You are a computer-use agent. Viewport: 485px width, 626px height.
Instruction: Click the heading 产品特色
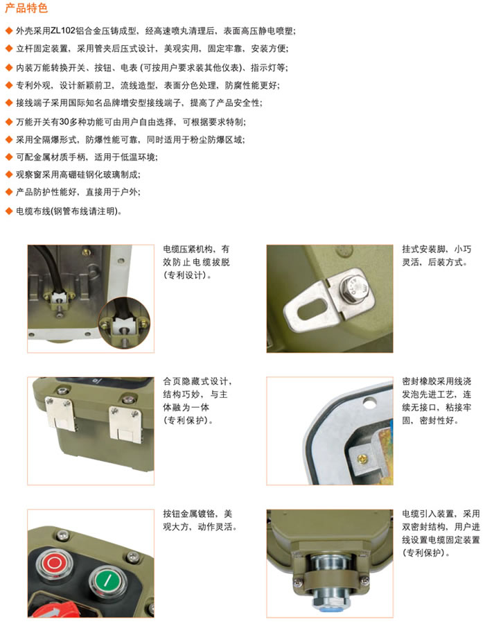[x=26, y=8]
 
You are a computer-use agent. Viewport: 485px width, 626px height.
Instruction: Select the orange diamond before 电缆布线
[x=9, y=211]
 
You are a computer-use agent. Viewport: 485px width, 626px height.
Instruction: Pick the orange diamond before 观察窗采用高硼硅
[x=9, y=175]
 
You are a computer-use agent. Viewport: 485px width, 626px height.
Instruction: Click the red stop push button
[x=54, y=564]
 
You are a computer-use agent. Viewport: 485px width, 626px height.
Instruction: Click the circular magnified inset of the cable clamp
[x=125, y=322]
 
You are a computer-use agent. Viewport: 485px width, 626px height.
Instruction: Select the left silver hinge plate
[x=60, y=414]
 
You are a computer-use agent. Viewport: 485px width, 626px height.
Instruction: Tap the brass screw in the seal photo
[x=362, y=458]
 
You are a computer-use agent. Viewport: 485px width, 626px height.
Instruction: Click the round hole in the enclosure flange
[x=369, y=404]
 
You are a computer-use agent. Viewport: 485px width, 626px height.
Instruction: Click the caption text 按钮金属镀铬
[x=188, y=514]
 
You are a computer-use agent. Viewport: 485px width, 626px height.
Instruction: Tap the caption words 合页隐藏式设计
[x=195, y=382]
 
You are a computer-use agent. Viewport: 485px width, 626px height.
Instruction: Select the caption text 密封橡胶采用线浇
[x=436, y=382]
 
